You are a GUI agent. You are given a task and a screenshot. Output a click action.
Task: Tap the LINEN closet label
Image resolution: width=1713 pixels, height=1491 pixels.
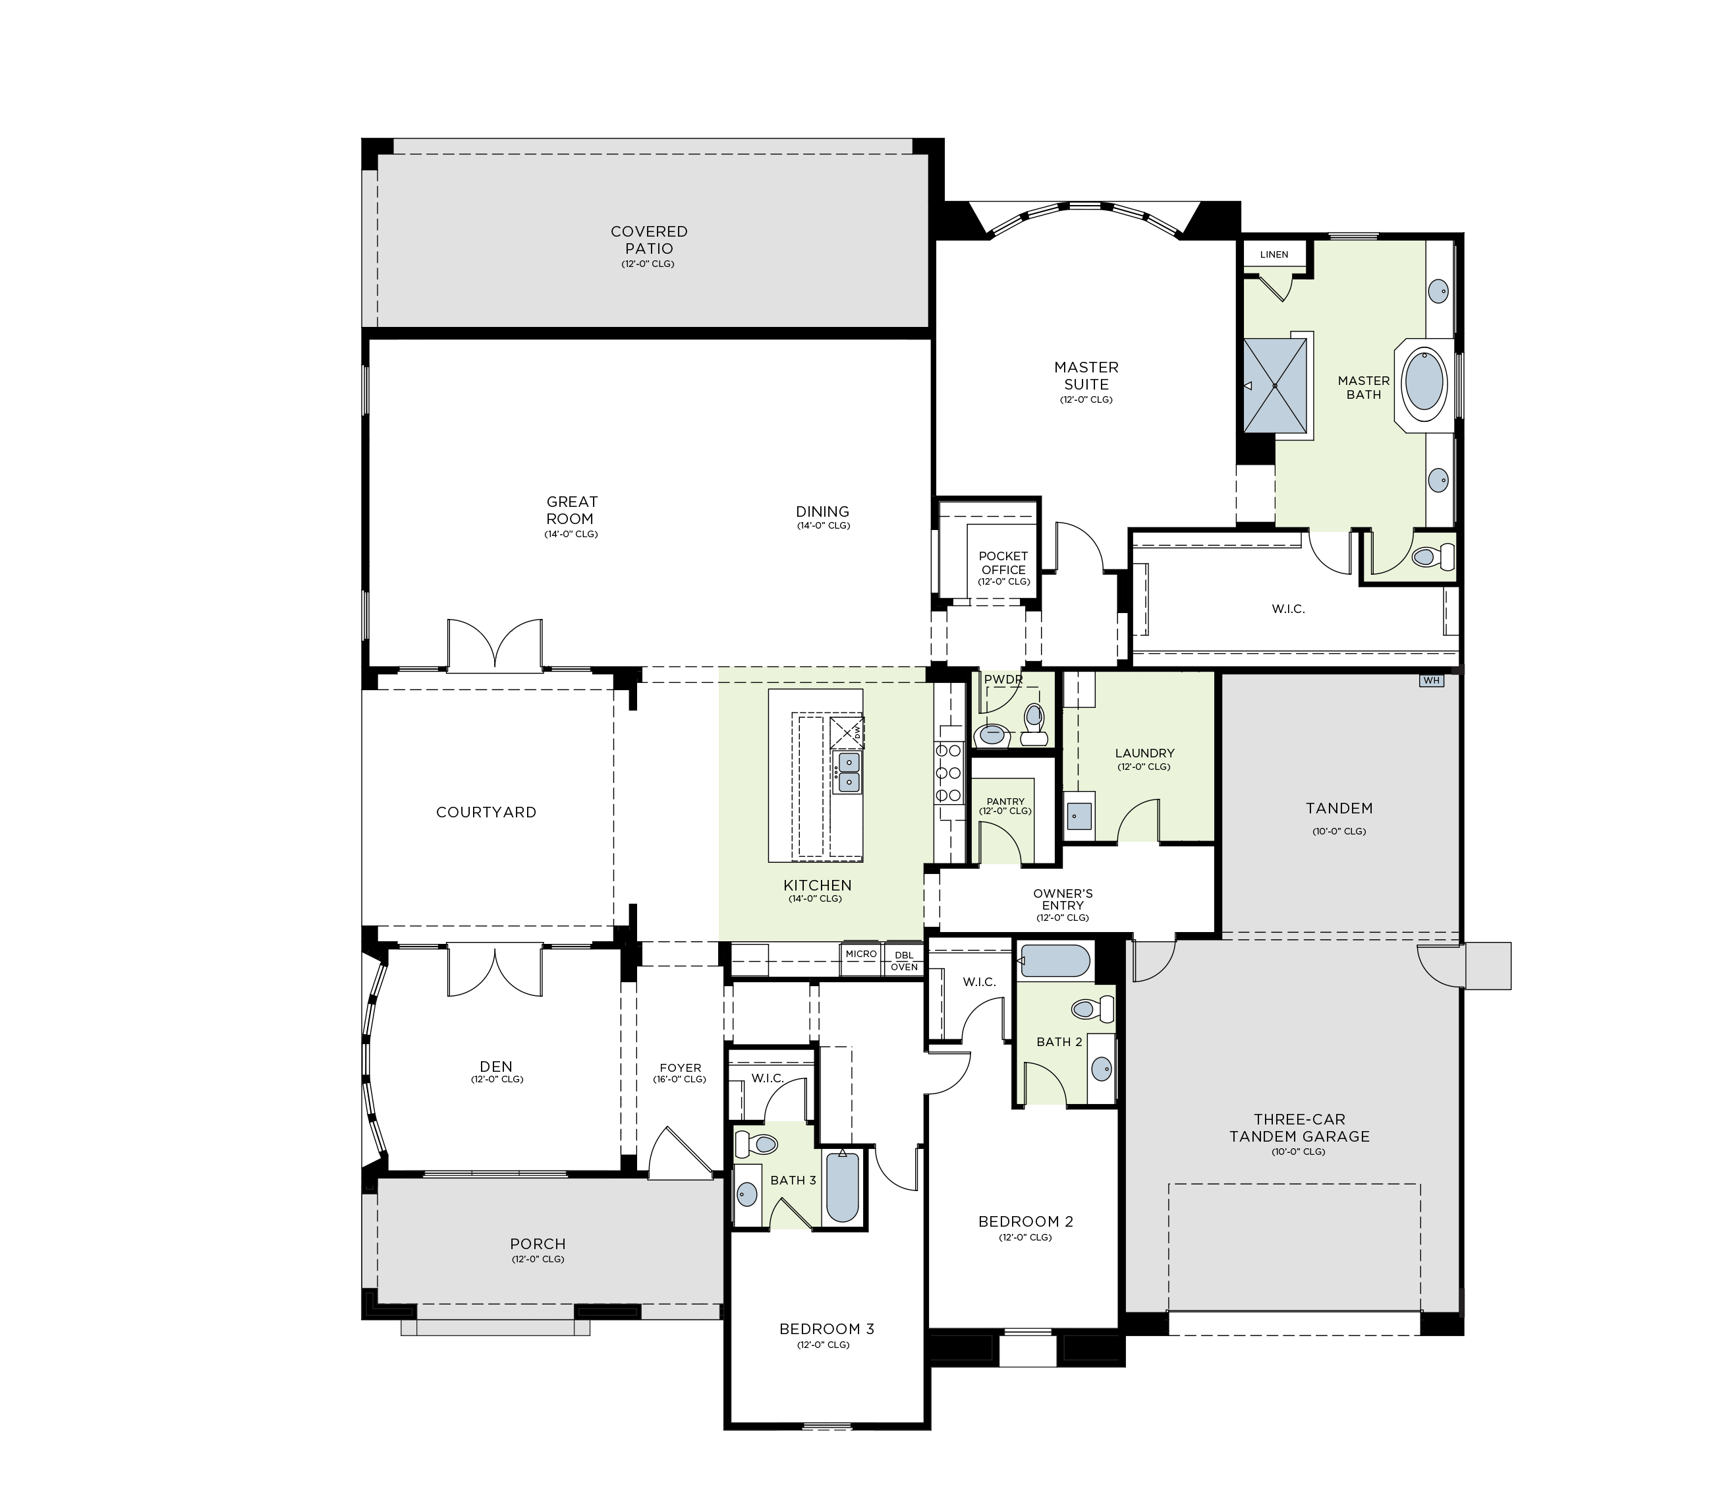(1274, 254)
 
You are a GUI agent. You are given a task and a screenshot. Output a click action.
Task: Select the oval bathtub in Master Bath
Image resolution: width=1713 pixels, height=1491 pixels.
(1425, 385)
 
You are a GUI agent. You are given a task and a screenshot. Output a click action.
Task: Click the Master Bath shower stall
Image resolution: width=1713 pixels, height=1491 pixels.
(1275, 385)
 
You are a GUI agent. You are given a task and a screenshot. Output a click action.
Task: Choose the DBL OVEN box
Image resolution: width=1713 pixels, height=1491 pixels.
(904, 960)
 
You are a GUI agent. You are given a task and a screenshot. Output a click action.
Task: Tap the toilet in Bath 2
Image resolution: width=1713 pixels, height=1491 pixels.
(1092, 1009)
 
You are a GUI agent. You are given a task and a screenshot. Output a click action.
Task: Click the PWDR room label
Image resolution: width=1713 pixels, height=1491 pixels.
(1003, 680)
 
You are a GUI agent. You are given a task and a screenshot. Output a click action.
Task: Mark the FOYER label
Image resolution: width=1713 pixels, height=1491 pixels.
(680, 1068)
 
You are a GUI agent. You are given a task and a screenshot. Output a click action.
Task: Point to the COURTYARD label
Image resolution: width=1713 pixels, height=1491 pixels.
(486, 812)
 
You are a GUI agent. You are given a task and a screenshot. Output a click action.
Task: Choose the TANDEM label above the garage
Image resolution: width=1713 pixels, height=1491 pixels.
(1339, 808)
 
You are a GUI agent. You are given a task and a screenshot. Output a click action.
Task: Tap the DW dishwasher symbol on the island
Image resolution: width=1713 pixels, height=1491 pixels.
(848, 732)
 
